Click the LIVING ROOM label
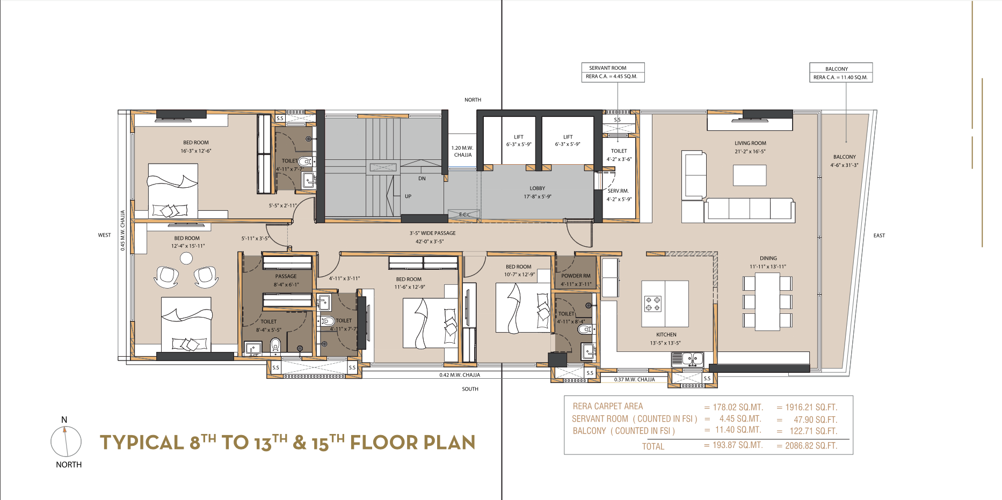750,143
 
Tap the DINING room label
768,258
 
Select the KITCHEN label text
666,335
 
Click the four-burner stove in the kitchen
652,304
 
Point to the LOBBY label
537,188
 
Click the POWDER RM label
576,276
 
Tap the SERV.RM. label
618,191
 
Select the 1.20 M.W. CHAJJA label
462,151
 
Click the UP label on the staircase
408,196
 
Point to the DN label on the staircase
422,179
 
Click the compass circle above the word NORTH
66,442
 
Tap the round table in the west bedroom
186,259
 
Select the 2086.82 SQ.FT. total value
810,446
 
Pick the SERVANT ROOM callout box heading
607,68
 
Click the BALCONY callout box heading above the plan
837,69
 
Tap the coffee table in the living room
750,175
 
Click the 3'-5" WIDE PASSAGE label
433,233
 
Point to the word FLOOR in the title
383,443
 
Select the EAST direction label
879,236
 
